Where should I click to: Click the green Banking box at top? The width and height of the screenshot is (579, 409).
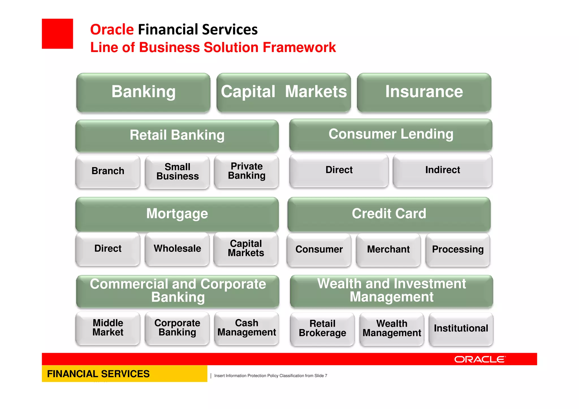tap(143, 92)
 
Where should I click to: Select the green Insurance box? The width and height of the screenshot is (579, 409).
tap(424, 92)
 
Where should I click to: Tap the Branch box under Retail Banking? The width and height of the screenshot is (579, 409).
tap(108, 171)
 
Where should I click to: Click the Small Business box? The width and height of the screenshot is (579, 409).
tap(177, 172)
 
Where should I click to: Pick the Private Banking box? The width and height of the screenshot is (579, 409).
tap(247, 171)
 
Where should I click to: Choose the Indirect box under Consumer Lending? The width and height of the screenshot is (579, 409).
tap(442, 170)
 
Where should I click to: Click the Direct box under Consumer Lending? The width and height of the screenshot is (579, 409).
tap(339, 170)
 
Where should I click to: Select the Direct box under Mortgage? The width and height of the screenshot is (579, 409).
tap(108, 248)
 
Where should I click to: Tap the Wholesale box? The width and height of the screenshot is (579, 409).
tap(177, 248)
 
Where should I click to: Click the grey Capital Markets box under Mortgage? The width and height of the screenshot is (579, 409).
tap(246, 248)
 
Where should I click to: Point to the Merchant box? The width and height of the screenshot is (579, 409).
tap(388, 249)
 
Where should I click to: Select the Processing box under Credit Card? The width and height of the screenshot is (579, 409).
tap(458, 249)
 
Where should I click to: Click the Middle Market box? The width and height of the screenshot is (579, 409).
tap(108, 328)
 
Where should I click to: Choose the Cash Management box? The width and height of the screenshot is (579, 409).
tap(247, 328)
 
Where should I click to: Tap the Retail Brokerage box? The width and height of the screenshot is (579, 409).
tap(322, 328)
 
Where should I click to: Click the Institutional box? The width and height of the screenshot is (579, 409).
tap(461, 328)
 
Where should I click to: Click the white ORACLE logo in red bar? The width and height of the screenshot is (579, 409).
tap(480, 359)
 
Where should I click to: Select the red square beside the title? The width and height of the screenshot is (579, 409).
tap(57, 34)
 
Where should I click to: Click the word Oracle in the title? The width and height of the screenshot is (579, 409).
tap(112, 29)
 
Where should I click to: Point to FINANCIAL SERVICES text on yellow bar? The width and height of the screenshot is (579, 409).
tap(98, 374)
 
